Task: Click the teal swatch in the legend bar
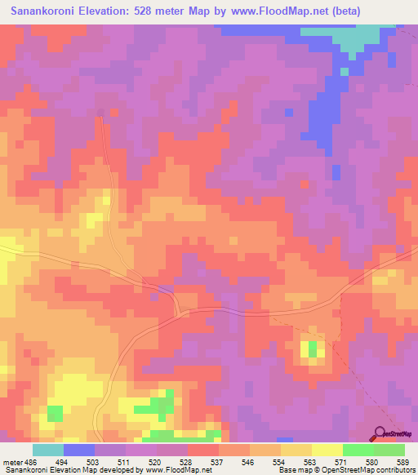[x=48, y=450]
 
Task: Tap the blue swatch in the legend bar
[x=79, y=450]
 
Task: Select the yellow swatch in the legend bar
[x=327, y=450]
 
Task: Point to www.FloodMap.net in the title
[x=267, y=11]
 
